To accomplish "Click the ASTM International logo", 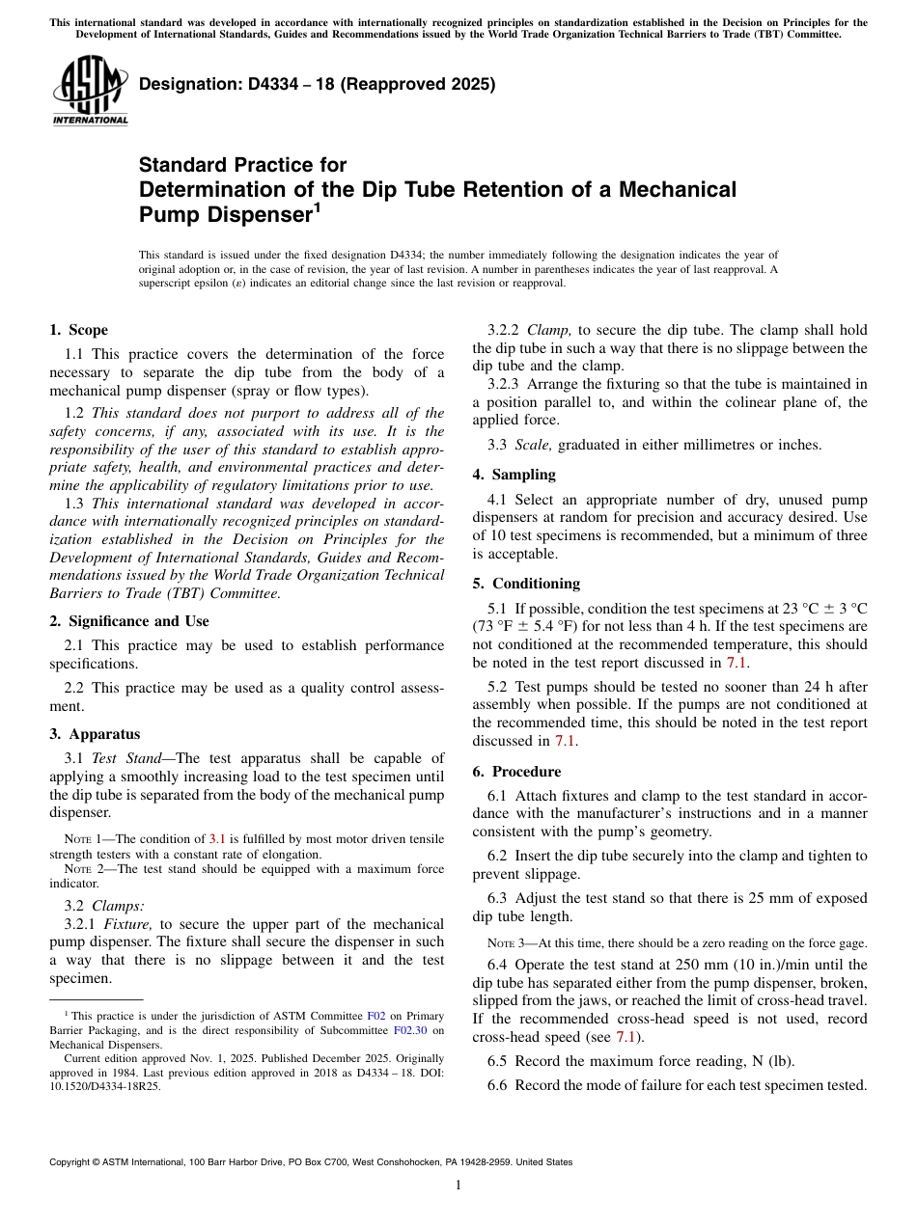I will click(x=90, y=91).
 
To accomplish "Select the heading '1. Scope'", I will click(x=79, y=330).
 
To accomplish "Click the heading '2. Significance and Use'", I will click(x=129, y=621).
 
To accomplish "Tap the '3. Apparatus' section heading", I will click(x=95, y=734).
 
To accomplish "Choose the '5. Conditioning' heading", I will click(x=526, y=584).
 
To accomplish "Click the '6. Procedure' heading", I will click(x=516, y=772).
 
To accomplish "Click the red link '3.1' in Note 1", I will click(x=217, y=839).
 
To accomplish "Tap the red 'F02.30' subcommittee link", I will click(x=410, y=1030).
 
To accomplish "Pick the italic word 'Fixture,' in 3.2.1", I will click(x=125, y=924).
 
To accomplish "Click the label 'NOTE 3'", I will click(x=507, y=943).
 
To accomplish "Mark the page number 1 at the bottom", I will click(x=458, y=1186).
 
